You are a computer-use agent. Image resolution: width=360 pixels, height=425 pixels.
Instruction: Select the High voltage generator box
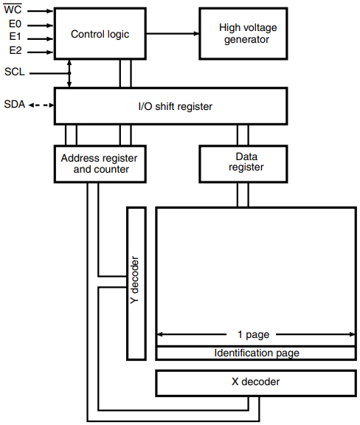coord(247,33)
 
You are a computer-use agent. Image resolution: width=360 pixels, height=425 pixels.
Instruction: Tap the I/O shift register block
coord(176,106)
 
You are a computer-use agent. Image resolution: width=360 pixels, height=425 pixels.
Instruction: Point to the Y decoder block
coord(136,283)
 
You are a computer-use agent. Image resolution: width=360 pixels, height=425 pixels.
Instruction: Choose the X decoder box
coord(255,382)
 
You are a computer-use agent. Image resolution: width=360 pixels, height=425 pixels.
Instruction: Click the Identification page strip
coord(256,353)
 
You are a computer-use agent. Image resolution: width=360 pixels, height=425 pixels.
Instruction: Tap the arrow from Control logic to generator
coord(170,33)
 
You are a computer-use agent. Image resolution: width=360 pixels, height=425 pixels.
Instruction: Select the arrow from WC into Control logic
coord(41,12)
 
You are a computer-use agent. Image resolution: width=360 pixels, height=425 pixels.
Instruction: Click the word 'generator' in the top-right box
coord(247,39)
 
